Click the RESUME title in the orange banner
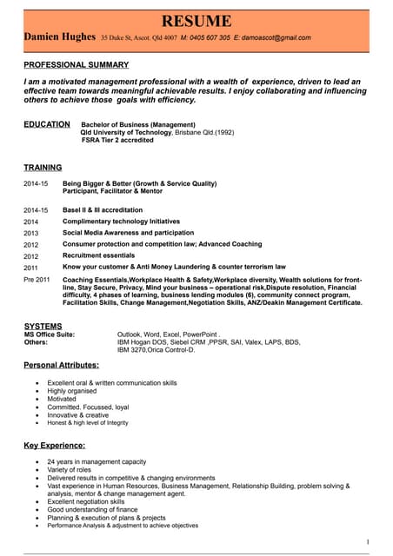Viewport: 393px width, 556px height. click(x=196, y=20)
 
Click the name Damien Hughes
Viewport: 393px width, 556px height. click(x=58, y=38)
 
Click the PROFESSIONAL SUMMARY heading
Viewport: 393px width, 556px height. click(x=76, y=64)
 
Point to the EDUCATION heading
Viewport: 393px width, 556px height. click(x=47, y=124)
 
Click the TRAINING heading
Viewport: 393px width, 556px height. click(x=43, y=167)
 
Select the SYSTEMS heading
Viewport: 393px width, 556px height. click(x=43, y=326)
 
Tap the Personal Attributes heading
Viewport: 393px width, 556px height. click(x=61, y=365)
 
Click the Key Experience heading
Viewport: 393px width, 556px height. click(x=54, y=445)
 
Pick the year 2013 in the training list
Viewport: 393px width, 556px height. click(x=31, y=234)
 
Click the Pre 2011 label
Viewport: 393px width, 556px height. click(x=37, y=280)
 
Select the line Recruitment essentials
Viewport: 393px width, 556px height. click(x=98, y=255)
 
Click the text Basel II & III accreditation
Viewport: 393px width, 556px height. click(x=103, y=209)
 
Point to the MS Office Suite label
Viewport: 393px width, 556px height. click(x=50, y=334)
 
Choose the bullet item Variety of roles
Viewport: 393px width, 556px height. click(x=70, y=470)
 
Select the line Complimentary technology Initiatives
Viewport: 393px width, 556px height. click(x=122, y=222)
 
